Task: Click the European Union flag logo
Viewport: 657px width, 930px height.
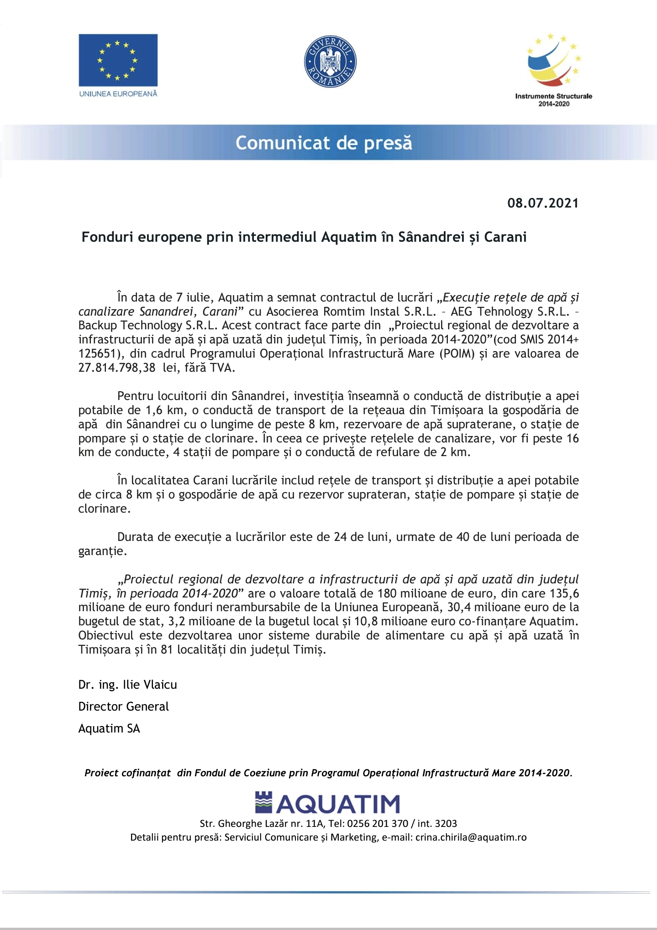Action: (x=118, y=60)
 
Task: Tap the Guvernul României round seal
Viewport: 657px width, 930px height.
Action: (x=330, y=62)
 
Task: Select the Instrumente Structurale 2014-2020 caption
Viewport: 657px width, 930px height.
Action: (x=553, y=100)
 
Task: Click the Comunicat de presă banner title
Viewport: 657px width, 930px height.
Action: (x=324, y=143)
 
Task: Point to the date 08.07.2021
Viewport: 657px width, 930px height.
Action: (x=542, y=203)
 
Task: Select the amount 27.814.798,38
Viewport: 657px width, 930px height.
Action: (x=117, y=368)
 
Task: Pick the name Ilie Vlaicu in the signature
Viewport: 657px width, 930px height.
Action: (x=150, y=685)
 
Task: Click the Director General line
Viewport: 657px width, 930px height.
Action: (x=124, y=707)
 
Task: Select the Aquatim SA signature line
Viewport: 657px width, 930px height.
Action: (x=109, y=728)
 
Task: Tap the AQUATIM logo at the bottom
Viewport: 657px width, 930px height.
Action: (x=327, y=803)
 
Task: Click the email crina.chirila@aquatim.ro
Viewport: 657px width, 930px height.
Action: (x=471, y=837)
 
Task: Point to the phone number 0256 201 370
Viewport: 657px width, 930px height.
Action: (x=378, y=823)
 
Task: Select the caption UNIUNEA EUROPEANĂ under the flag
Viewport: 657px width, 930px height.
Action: (x=118, y=94)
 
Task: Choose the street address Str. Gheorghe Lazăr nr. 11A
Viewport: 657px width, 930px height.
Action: (x=262, y=823)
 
